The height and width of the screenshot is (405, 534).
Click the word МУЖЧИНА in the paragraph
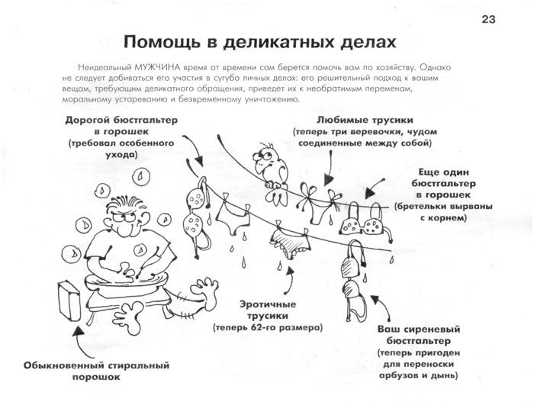(156, 66)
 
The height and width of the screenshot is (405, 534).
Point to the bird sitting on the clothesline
(266, 162)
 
